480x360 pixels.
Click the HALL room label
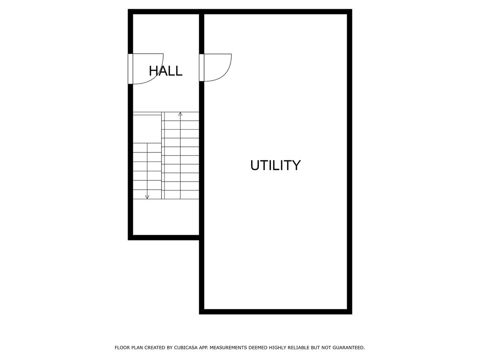click(x=166, y=71)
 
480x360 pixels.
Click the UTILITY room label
click(x=275, y=165)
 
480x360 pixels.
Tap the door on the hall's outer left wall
click(x=130, y=69)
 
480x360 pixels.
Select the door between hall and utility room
click(x=202, y=67)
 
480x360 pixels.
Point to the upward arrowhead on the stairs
click(x=180, y=114)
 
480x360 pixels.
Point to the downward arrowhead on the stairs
click(x=147, y=197)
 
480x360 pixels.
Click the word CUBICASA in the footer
click(x=187, y=348)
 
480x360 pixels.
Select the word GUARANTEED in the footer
click(x=348, y=348)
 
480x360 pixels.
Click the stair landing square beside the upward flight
click(x=147, y=128)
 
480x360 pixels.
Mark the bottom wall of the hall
click(x=164, y=238)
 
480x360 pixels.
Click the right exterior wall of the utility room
click(x=350, y=160)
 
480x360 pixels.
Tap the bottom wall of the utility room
click(x=275, y=312)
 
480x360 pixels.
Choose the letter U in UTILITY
click(x=255, y=165)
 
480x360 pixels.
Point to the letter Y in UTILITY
click(x=296, y=165)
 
